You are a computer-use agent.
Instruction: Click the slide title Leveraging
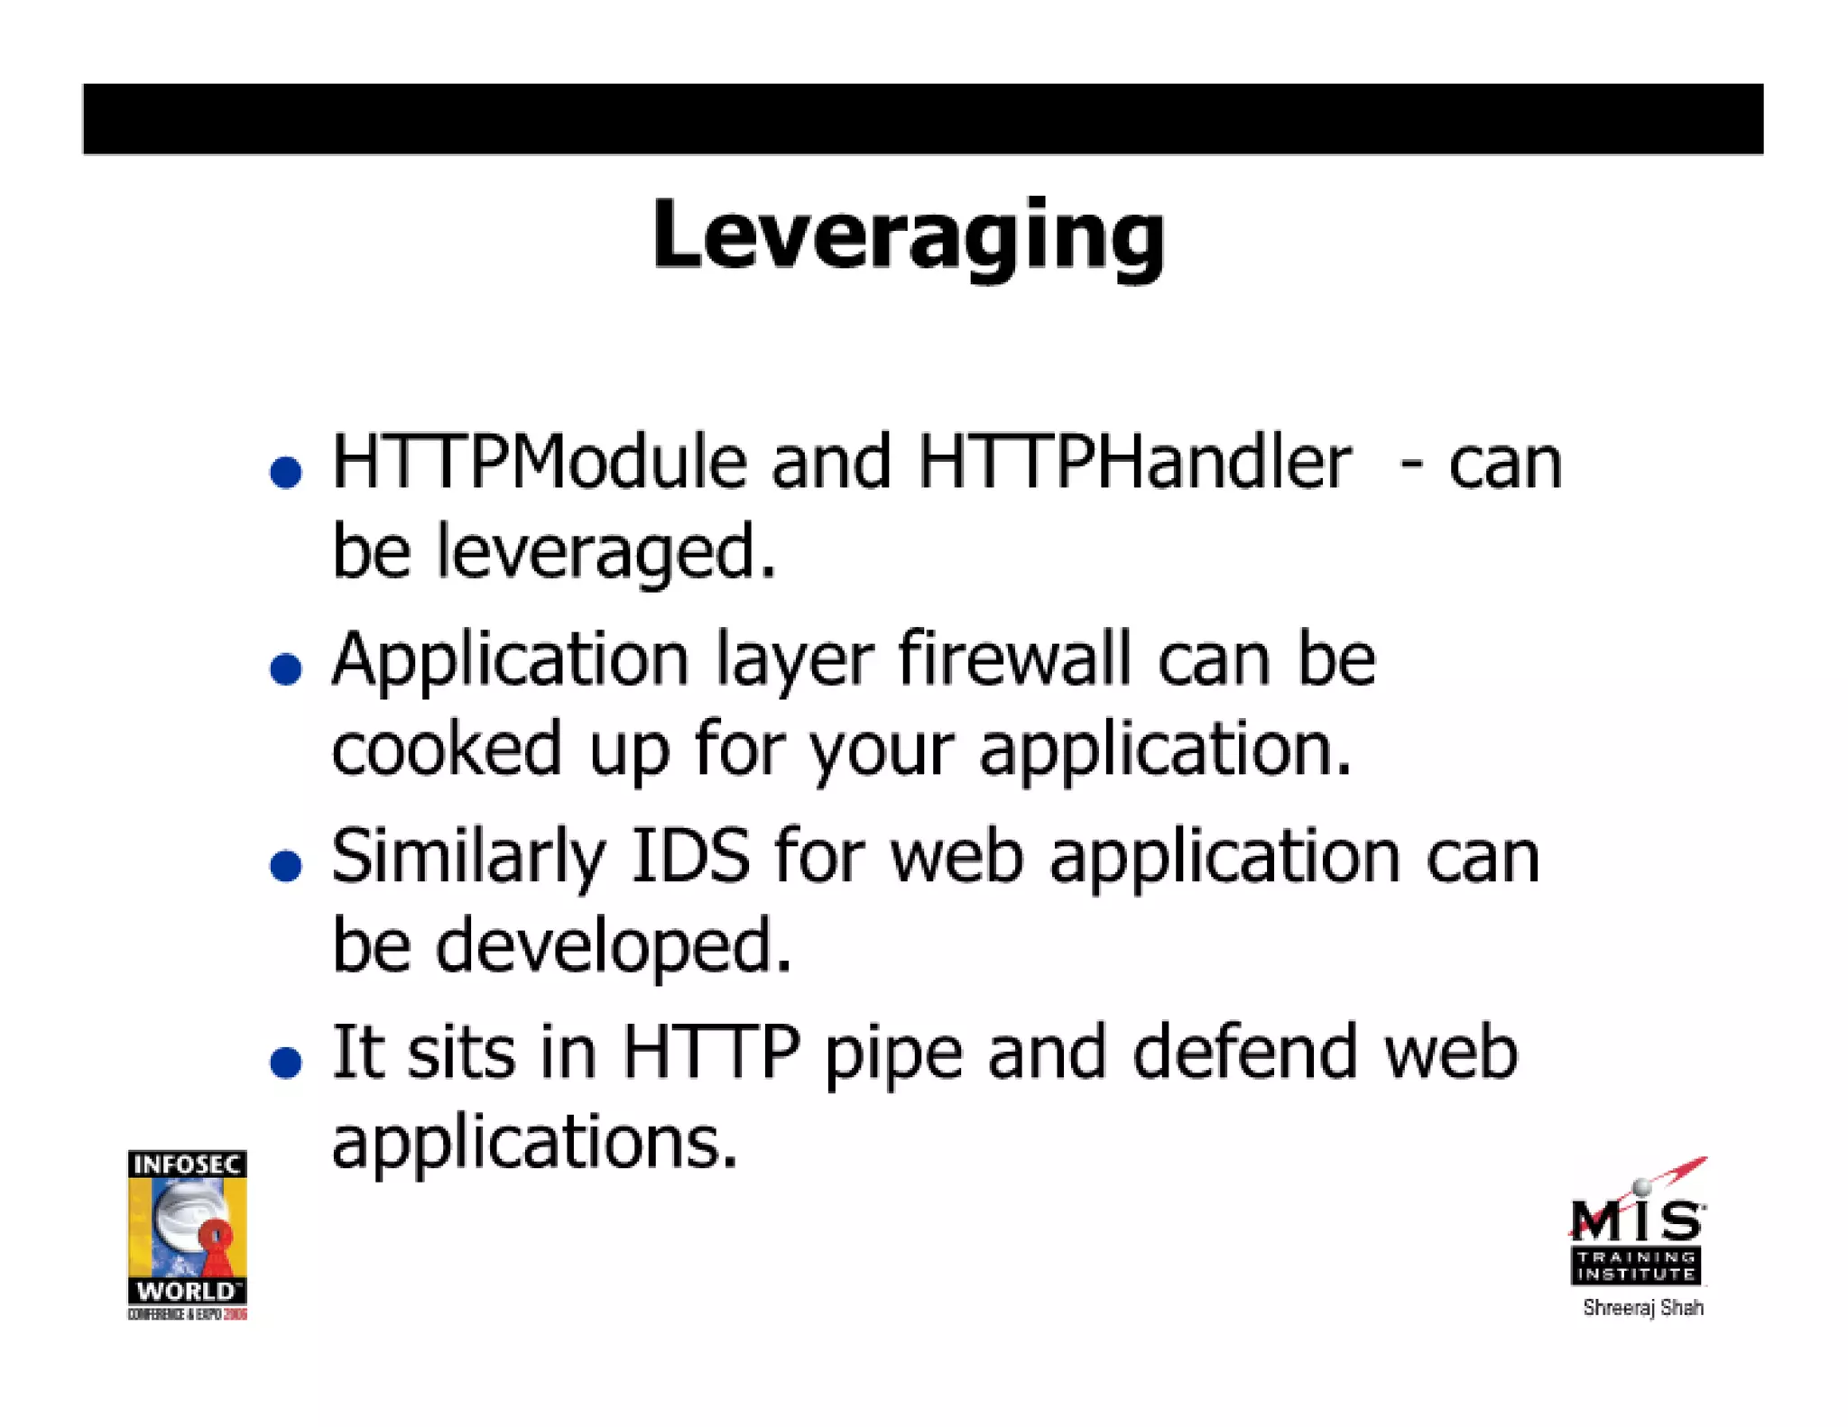(908, 236)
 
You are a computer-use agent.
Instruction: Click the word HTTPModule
(539, 463)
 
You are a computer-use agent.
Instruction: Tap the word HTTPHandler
(1133, 463)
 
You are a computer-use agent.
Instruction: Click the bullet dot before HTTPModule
(286, 473)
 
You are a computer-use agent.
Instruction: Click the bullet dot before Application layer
(286, 669)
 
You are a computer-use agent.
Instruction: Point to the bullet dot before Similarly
(286, 866)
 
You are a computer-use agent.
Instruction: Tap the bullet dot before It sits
(286, 1063)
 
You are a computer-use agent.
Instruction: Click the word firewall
(1014, 659)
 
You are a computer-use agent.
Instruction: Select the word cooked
(447, 749)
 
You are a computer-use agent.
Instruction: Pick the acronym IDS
(690, 856)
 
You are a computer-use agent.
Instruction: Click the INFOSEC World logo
(187, 1234)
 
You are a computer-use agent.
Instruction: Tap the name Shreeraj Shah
(1642, 1308)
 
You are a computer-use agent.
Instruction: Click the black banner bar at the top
(922, 119)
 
